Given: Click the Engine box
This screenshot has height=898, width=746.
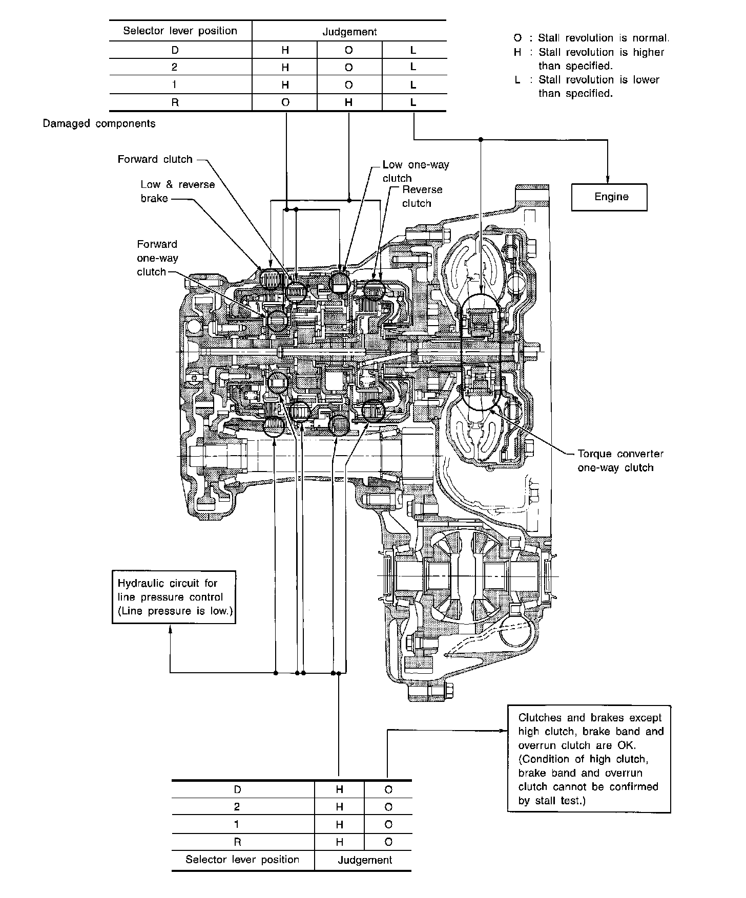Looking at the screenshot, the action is (609, 197).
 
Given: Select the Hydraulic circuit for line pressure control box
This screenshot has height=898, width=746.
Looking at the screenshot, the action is (174, 597).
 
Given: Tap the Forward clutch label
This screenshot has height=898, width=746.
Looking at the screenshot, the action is (155, 159).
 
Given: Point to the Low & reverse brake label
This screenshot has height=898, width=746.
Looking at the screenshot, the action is (177, 191).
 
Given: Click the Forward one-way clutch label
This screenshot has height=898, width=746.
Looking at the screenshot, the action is (157, 258).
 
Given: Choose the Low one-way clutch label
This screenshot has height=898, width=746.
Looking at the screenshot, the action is (416, 171).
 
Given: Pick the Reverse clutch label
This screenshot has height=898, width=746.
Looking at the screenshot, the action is (422, 196).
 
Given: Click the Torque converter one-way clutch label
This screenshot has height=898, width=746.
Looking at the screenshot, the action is (620, 460).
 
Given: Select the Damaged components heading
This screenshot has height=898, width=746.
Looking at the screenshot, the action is (99, 123).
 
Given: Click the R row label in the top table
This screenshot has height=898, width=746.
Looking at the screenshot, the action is (175, 102).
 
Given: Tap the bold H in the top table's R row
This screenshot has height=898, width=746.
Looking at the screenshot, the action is (349, 102).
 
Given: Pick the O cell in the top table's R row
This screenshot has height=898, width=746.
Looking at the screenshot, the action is (285, 102).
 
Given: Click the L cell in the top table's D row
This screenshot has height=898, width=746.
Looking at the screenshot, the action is (413, 50).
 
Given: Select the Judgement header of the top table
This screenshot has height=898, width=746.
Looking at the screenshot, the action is (349, 32).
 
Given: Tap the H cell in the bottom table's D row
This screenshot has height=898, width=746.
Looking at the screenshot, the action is (339, 789).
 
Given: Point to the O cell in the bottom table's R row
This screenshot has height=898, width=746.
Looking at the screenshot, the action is (388, 842).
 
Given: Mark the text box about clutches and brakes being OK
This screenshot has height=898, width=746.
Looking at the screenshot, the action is (589, 759).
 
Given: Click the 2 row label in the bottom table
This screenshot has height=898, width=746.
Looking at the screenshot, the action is (237, 807).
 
